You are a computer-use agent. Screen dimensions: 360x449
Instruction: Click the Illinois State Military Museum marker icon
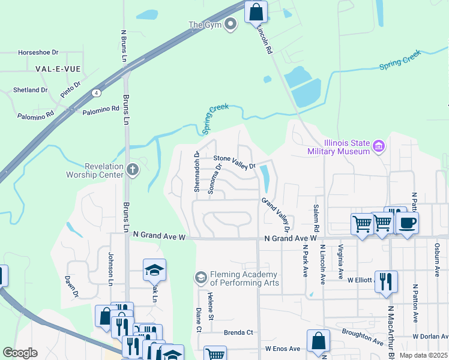[378, 146]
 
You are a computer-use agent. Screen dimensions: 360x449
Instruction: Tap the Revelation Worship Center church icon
[133, 171]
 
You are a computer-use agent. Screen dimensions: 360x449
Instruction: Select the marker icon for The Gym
[231, 24]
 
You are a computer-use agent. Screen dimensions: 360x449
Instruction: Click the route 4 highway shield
[96, 93]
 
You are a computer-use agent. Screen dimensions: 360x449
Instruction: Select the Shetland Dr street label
[30, 90]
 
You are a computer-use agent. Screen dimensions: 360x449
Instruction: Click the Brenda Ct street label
[238, 332]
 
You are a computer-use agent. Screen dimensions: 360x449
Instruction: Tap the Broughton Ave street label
[363, 337]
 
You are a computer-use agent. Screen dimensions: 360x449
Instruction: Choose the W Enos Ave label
[282, 349]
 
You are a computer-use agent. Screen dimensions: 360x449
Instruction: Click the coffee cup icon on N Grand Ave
[408, 223]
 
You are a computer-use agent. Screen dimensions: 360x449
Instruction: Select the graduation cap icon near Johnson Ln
[154, 270]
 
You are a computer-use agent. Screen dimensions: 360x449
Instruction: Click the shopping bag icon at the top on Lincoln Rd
[256, 11]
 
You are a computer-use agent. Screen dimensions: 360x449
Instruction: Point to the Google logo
[20, 353]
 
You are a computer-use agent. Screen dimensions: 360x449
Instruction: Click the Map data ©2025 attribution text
[423, 355]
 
